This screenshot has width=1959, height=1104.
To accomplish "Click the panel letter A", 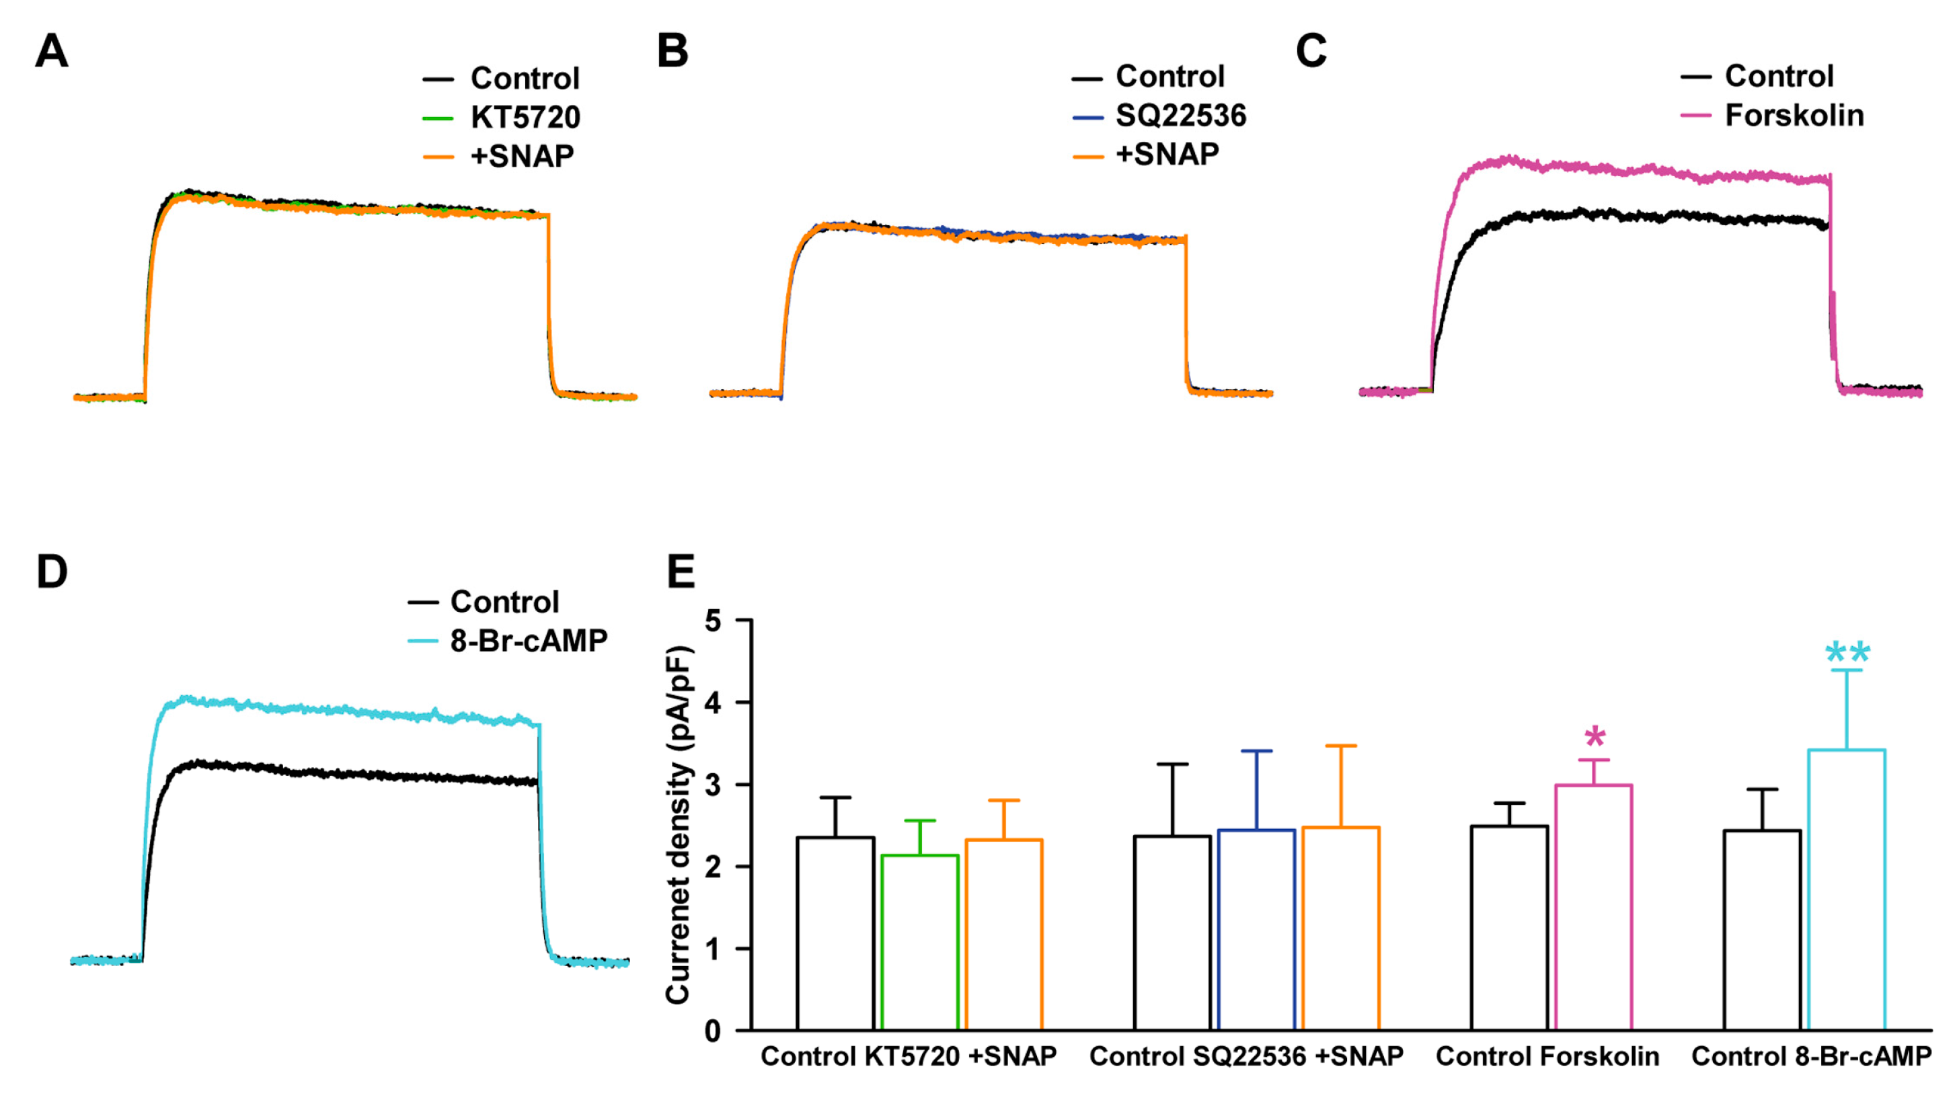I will click(52, 52).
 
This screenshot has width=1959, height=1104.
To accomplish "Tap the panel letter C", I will click(1311, 52).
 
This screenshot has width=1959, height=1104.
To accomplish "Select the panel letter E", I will click(681, 571).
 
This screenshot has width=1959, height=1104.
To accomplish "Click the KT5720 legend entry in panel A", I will click(524, 117).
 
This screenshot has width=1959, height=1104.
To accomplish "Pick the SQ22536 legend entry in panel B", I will click(1180, 116).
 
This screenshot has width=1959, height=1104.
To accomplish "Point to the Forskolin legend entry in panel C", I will click(1793, 116).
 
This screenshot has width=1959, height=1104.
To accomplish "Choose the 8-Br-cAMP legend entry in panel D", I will click(528, 641).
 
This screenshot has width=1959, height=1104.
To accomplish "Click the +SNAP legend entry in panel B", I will click(1167, 155).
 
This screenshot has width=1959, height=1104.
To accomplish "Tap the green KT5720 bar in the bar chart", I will click(919, 943).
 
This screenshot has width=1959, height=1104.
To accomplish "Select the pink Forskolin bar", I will click(1594, 908).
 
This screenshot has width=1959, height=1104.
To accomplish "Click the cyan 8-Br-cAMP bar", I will click(1847, 890).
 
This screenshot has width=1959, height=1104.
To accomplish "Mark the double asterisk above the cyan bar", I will click(1847, 653).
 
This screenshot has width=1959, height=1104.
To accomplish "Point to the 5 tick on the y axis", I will click(713, 621).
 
